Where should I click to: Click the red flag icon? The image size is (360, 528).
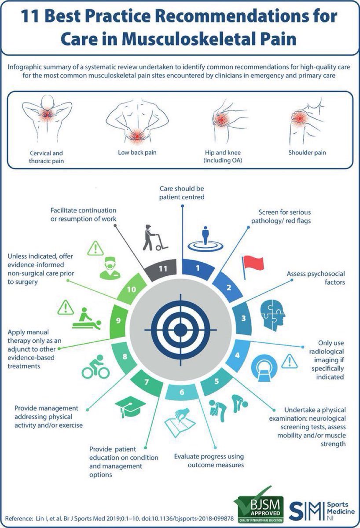[x=252, y=264]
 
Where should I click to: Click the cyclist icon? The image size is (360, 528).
[x=96, y=369]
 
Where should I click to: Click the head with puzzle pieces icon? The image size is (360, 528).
[x=272, y=313]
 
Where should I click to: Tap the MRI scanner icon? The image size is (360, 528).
[x=264, y=366]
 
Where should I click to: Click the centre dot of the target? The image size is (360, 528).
[x=180, y=329]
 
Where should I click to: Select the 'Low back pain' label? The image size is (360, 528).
[x=137, y=153]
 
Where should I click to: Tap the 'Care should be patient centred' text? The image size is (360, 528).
[x=182, y=193]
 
